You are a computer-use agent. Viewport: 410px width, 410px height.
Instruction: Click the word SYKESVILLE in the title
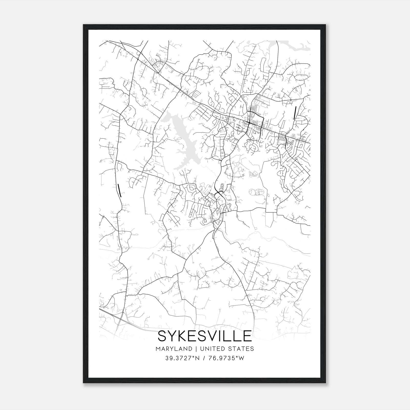click(204, 336)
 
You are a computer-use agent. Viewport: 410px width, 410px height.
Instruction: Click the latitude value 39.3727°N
click(182, 358)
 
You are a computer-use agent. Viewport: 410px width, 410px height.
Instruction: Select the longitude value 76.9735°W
click(227, 358)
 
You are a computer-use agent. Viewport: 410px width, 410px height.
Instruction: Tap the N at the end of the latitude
click(198, 358)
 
